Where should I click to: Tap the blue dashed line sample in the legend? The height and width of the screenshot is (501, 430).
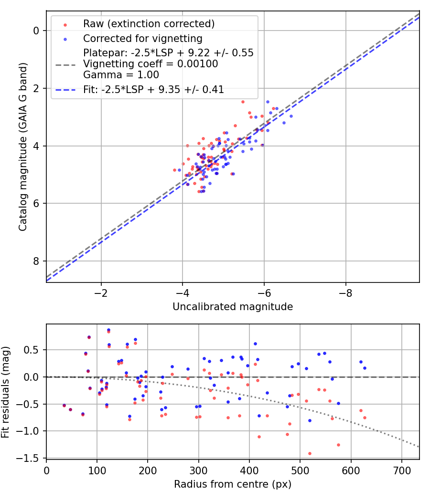65,90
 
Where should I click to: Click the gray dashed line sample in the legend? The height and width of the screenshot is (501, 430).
65,65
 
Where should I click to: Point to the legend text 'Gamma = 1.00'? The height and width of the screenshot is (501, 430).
121,75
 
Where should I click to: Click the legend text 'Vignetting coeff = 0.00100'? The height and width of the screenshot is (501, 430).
150,63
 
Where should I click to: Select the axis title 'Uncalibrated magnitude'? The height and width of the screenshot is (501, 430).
233,307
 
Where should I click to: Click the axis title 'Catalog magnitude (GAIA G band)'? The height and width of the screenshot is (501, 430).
22,146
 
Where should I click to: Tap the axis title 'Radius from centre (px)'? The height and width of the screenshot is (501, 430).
233,484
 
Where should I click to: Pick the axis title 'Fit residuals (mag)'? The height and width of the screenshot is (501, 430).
5,392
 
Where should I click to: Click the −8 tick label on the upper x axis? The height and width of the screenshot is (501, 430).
345,293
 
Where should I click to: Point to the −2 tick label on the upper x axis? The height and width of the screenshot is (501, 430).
101,293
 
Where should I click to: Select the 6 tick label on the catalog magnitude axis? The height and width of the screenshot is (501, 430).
36,204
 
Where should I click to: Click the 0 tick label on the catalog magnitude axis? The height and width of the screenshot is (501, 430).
36,31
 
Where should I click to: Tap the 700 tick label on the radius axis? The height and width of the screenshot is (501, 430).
401,470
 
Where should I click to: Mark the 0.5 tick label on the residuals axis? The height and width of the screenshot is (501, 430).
31,350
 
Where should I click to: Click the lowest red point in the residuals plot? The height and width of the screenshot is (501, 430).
310,453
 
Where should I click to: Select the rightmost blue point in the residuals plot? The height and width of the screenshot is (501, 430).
365,368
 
